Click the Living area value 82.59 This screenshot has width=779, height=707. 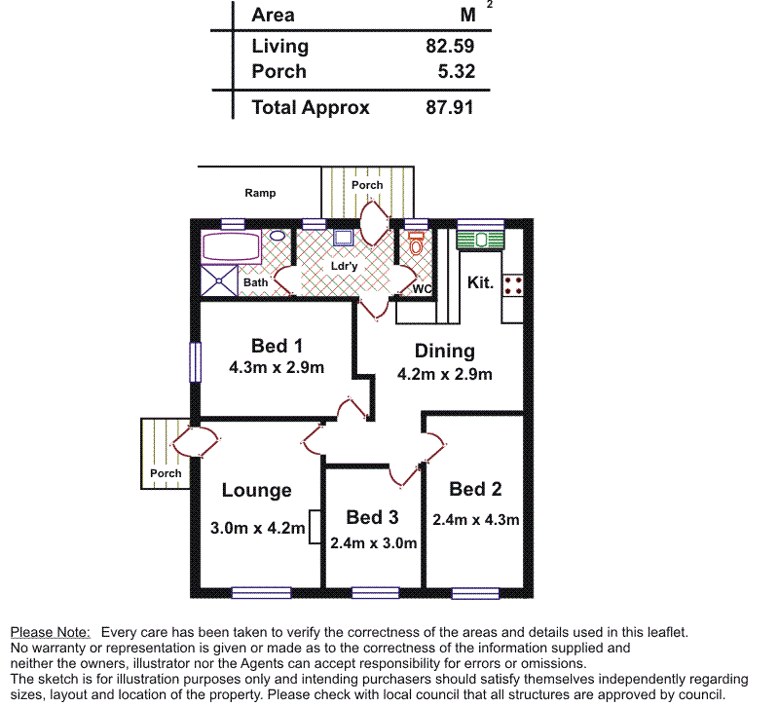coord(450,46)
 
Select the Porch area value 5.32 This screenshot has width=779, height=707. coord(456,71)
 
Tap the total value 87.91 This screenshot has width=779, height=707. coord(450,107)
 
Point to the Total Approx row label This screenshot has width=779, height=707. coord(310,107)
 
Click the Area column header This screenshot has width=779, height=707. coord(273,15)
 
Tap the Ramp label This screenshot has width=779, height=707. coord(260,193)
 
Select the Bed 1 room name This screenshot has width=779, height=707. coord(277,346)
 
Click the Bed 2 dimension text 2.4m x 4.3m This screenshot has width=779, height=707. coord(476,519)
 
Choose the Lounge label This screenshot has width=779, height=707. coord(256,491)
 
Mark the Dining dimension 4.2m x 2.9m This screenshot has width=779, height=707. coord(444,374)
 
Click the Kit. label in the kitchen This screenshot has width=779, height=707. coord(481,283)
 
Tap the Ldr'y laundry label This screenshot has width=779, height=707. coord(344,265)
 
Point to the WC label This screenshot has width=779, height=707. coord(422,289)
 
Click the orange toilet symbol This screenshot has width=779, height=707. coord(417,245)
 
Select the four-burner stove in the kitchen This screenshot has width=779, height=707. coord(513,284)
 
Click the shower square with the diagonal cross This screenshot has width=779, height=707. coord(219,279)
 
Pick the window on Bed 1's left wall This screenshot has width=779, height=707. coord(195,361)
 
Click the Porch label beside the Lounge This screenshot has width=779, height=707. coord(166,473)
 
